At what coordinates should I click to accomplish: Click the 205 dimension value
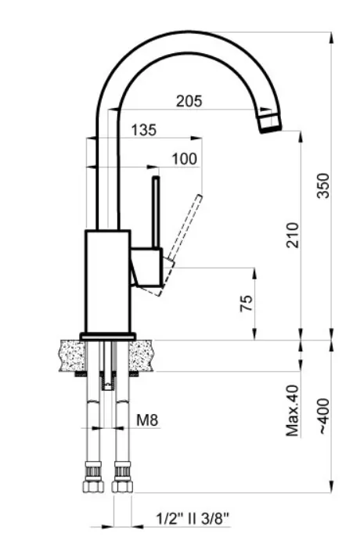189,102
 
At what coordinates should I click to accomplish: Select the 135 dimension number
144,130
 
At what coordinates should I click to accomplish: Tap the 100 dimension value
184,159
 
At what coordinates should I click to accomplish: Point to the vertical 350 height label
323,185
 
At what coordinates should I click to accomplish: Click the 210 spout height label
293,236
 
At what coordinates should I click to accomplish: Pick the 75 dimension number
247,303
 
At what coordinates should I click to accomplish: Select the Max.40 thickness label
293,411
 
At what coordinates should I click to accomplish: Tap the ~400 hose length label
323,416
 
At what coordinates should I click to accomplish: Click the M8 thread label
147,420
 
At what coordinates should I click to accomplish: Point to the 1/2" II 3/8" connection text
193,519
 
